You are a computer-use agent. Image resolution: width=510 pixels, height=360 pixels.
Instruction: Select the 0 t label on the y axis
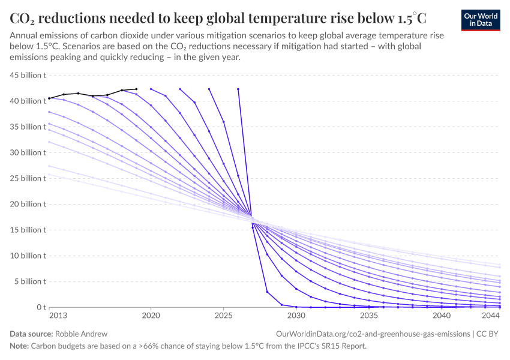41,307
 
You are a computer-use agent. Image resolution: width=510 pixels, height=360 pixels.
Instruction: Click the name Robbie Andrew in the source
81,333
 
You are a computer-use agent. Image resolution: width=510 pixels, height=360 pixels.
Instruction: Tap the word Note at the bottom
19,346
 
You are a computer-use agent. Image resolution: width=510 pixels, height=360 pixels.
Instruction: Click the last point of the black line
136,89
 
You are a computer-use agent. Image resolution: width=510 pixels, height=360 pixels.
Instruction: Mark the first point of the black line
49,98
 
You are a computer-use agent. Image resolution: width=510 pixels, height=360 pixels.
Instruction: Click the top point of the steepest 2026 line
238,89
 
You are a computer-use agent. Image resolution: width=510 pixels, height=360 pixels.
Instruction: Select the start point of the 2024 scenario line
209,89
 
